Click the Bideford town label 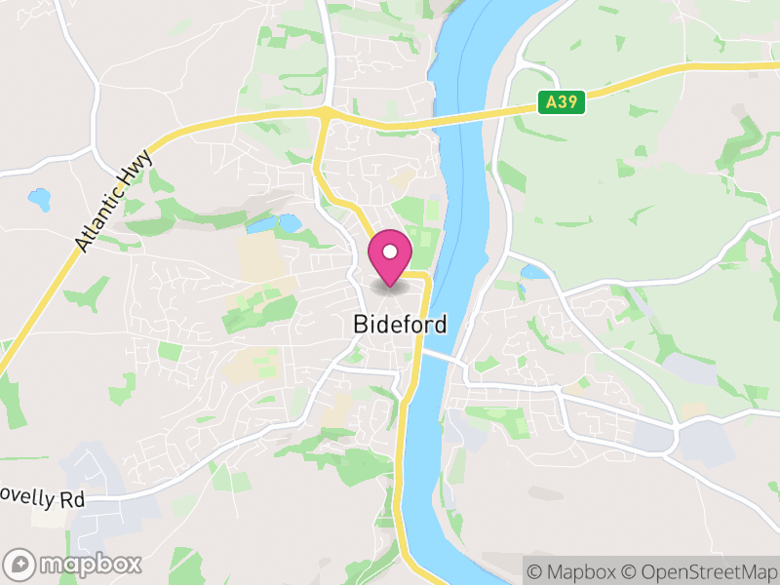[401, 324]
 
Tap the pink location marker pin [390, 256]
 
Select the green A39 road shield [561, 101]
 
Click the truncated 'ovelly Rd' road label [43, 500]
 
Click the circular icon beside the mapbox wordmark [20, 564]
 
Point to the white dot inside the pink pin [390, 252]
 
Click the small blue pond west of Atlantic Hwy [39, 200]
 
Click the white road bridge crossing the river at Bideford [444, 355]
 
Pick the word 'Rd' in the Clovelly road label [72, 500]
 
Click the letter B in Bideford [362, 324]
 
